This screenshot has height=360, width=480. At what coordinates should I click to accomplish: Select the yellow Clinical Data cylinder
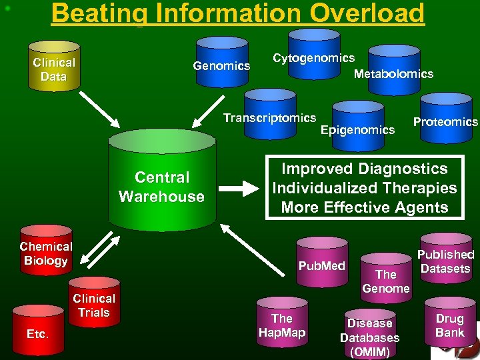pos(54,67)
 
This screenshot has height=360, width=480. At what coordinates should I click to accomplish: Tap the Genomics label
pos(221,65)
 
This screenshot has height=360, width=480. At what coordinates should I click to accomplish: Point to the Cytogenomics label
pos(314,58)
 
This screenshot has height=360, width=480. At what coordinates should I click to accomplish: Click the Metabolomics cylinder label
pos(393,74)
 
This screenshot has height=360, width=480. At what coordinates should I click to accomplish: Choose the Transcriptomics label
pos(269,118)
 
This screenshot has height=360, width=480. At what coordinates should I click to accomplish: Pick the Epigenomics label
pos(357,129)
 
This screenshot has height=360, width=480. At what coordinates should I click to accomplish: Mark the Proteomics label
pos(445,121)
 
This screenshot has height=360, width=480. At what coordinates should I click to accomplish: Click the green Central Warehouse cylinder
pos(161,180)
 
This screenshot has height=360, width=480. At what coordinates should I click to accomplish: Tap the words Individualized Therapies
pos(365,188)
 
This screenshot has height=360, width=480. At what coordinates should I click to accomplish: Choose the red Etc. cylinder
pos(37,331)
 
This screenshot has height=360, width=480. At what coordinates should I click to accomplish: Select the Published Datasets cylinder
pos(445,260)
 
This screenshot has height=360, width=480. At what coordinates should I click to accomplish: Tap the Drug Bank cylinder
pos(449,324)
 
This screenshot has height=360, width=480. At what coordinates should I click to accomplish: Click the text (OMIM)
pos(370,351)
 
